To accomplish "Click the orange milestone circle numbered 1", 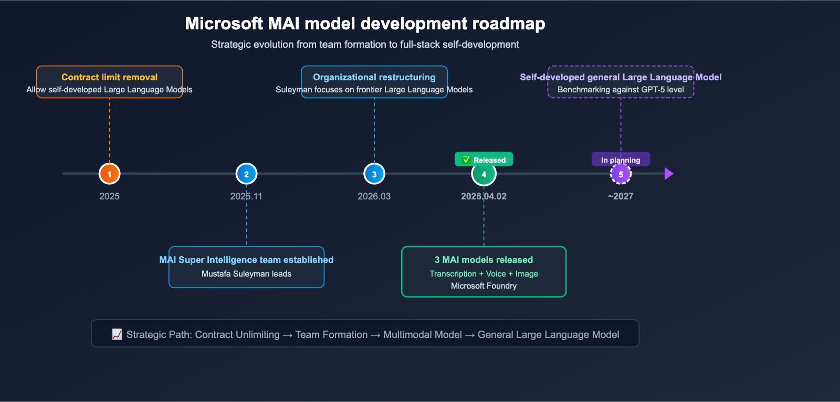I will pyautogui.click(x=109, y=174).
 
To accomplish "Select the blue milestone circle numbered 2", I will pyautogui.click(x=246, y=174).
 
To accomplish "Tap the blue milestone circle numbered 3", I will pyautogui.click(x=374, y=174).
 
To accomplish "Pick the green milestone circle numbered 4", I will pyautogui.click(x=484, y=174).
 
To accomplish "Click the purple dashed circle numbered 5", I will pyautogui.click(x=621, y=174).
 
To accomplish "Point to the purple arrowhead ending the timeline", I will pyautogui.click(x=668, y=174).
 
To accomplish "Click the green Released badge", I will pyautogui.click(x=484, y=160).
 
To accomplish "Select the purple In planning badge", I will pyautogui.click(x=621, y=160).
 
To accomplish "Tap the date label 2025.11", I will pyautogui.click(x=246, y=196).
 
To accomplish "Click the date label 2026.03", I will pyautogui.click(x=374, y=196).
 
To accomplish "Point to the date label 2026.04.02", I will pyautogui.click(x=484, y=196).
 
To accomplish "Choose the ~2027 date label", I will pyautogui.click(x=621, y=196).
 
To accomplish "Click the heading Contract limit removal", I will pyautogui.click(x=109, y=77).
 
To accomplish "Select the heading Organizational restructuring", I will pyautogui.click(x=374, y=77).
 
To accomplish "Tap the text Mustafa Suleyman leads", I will pyautogui.click(x=246, y=273).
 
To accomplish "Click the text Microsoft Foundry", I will pyautogui.click(x=484, y=285).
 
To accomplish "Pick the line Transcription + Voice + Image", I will pyautogui.click(x=484, y=273).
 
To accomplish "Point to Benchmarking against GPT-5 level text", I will pyautogui.click(x=621, y=90).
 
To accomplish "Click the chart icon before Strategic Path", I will pyautogui.click(x=117, y=334).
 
